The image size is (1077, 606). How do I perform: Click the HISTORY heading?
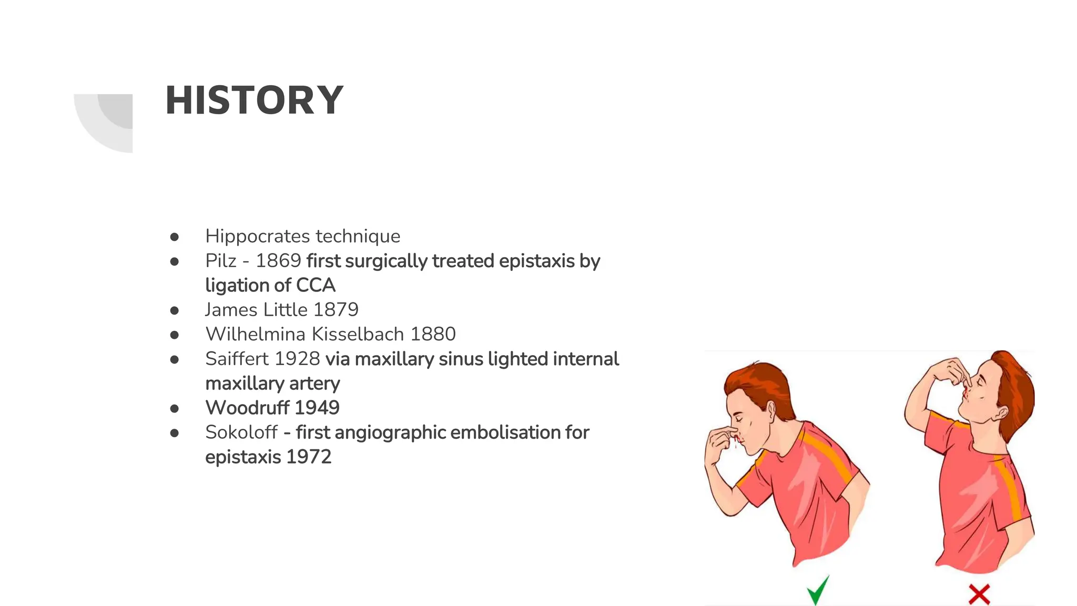point(254,100)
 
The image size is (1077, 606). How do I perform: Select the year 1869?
point(278,261)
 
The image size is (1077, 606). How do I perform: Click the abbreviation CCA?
point(316,285)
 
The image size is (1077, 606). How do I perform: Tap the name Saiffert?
point(237,359)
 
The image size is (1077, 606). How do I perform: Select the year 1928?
point(297,359)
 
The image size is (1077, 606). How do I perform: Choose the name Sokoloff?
point(241,432)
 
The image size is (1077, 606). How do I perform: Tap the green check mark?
point(818,590)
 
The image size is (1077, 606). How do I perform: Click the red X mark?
point(979,594)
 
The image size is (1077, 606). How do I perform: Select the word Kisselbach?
point(358,334)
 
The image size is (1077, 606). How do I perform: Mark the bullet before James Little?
point(175,310)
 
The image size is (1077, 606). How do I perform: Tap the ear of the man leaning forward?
point(771,410)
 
